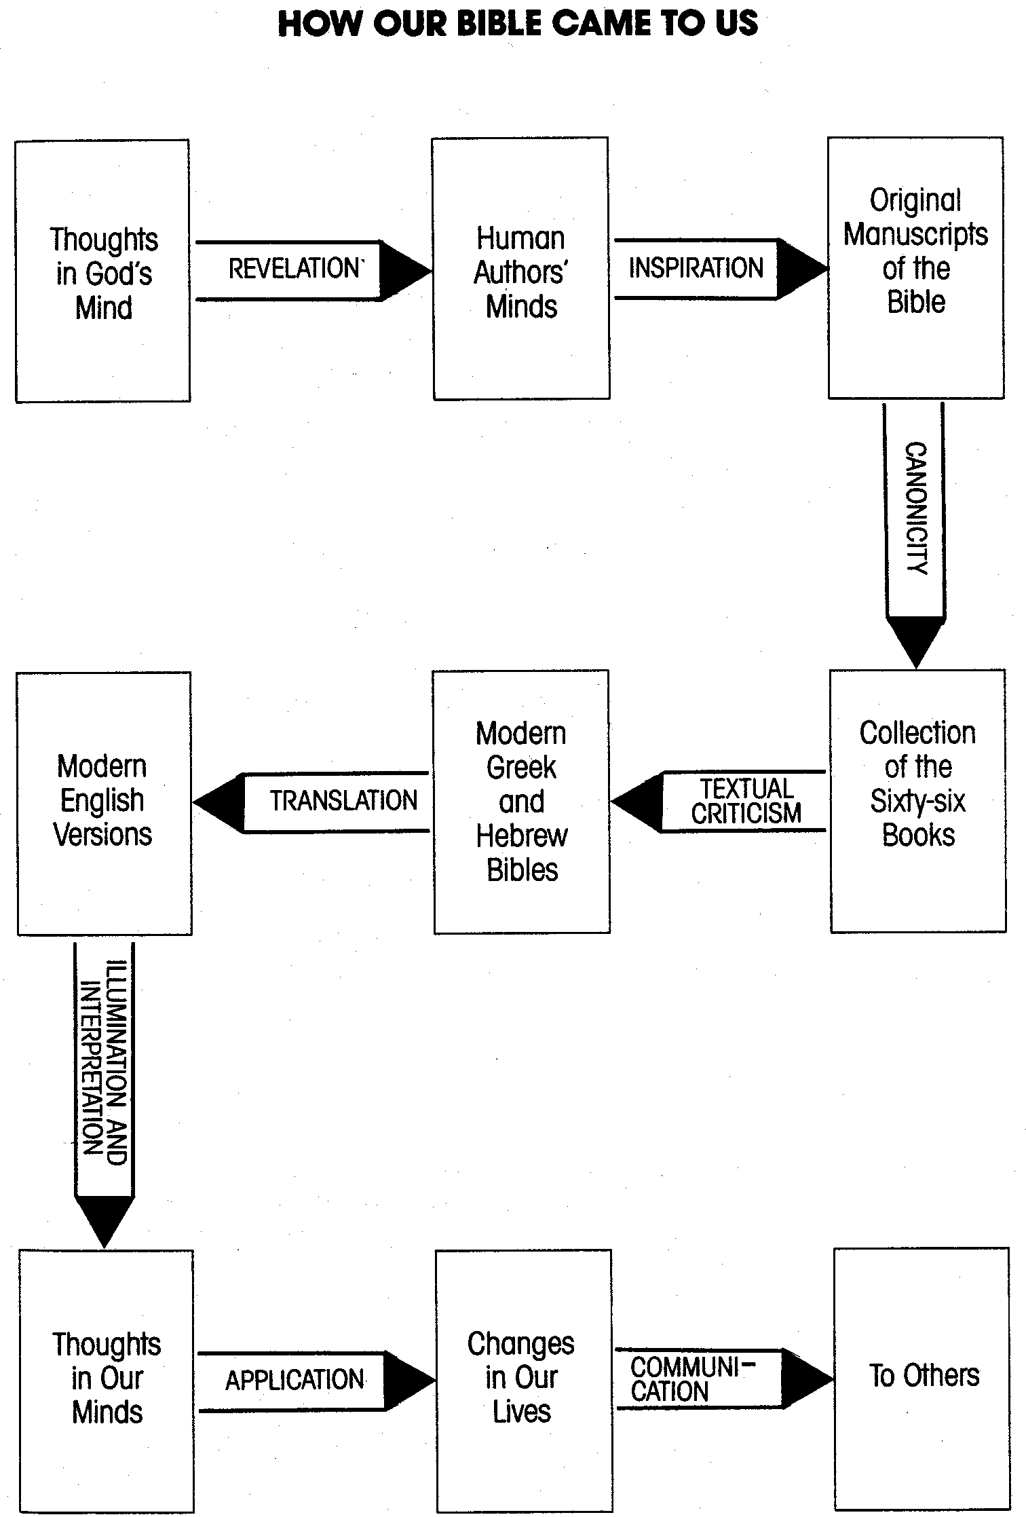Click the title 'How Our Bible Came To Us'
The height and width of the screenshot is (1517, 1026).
tap(518, 24)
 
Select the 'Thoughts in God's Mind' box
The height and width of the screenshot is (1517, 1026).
tap(103, 271)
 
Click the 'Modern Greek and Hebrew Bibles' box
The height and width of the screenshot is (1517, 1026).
tap(521, 801)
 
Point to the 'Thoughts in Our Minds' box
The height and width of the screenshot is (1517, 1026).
tap(107, 1378)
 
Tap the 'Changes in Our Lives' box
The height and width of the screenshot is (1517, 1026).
tap(521, 1377)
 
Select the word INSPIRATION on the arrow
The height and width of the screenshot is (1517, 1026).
tap(696, 269)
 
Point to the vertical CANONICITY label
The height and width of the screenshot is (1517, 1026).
tap(916, 508)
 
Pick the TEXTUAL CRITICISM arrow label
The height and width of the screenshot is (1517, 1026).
tap(746, 802)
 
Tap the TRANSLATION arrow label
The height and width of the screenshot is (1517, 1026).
tap(343, 802)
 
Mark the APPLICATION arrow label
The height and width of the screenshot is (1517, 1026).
tap(294, 1380)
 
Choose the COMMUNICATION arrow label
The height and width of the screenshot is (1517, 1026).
tap(692, 1379)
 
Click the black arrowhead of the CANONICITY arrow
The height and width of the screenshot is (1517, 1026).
tap(915, 638)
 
